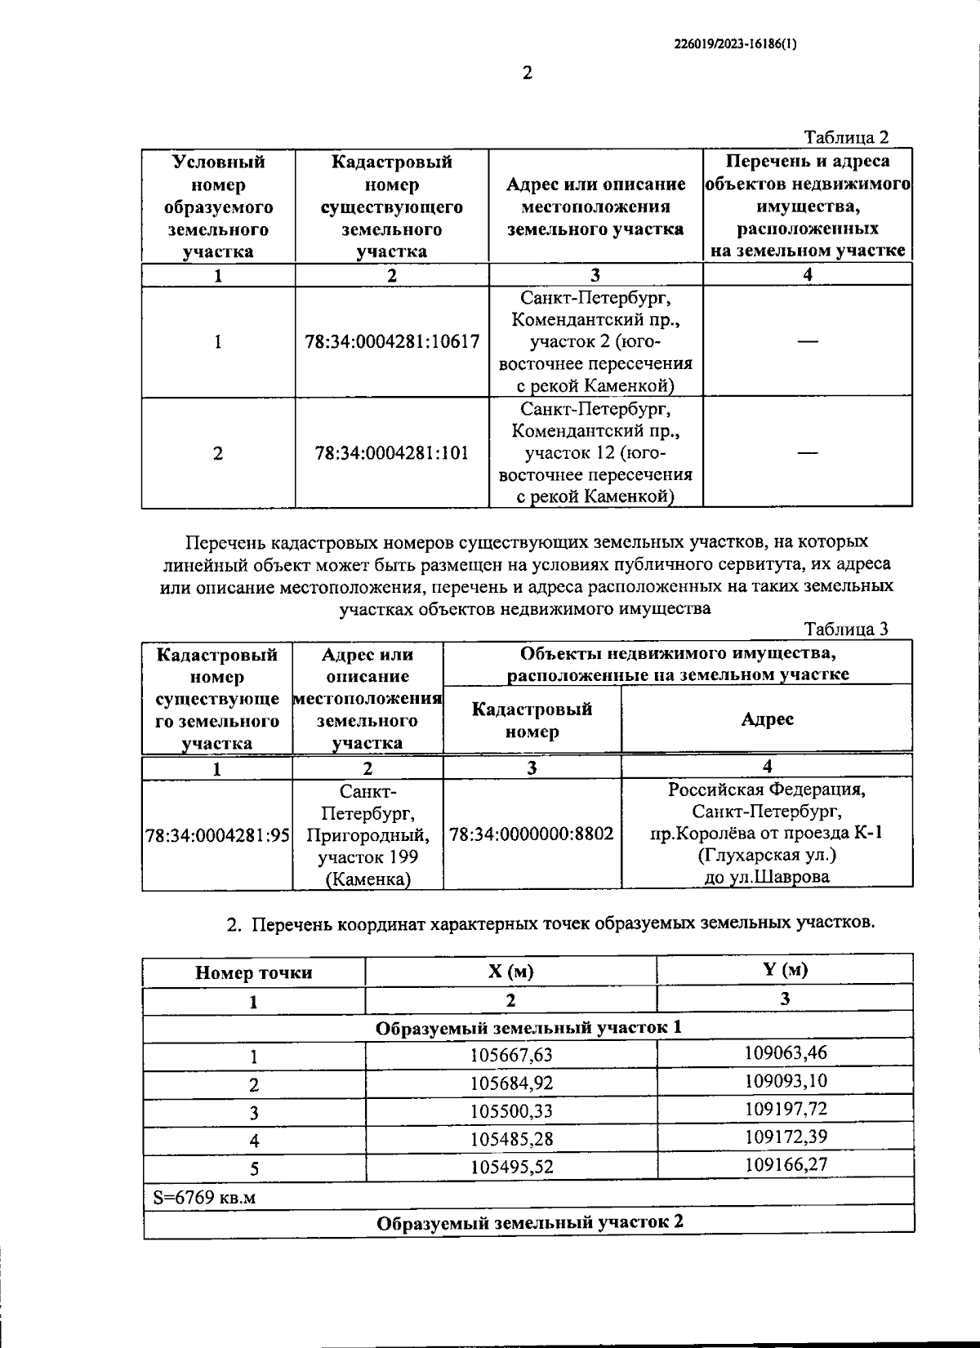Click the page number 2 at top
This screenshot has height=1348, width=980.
[527, 73]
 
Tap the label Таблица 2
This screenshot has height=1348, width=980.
[846, 137]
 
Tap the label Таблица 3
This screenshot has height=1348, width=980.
[846, 629]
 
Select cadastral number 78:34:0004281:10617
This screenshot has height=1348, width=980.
[392, 342]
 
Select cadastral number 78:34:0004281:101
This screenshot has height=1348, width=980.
[392, 453]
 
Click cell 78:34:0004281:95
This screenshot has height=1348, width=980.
[217, 835]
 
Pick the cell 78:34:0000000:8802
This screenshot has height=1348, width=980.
[532, 834]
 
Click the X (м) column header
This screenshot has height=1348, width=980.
[511, 972]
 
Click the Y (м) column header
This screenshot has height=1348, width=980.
[785, 970]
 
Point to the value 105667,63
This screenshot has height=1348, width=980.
[511, 1056]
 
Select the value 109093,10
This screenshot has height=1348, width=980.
[786, 1081]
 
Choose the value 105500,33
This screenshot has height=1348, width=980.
[511, 1112]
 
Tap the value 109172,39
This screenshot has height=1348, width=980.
[786, 1137]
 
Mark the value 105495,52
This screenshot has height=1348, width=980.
[511, 1168]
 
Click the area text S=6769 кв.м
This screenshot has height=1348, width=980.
[204, 1197]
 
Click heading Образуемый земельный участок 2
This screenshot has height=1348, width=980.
[529, 1222]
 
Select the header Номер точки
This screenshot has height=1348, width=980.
[253, 972]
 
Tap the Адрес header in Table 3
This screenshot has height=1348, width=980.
[767, 718]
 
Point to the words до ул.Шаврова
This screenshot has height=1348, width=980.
[767, 878]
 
